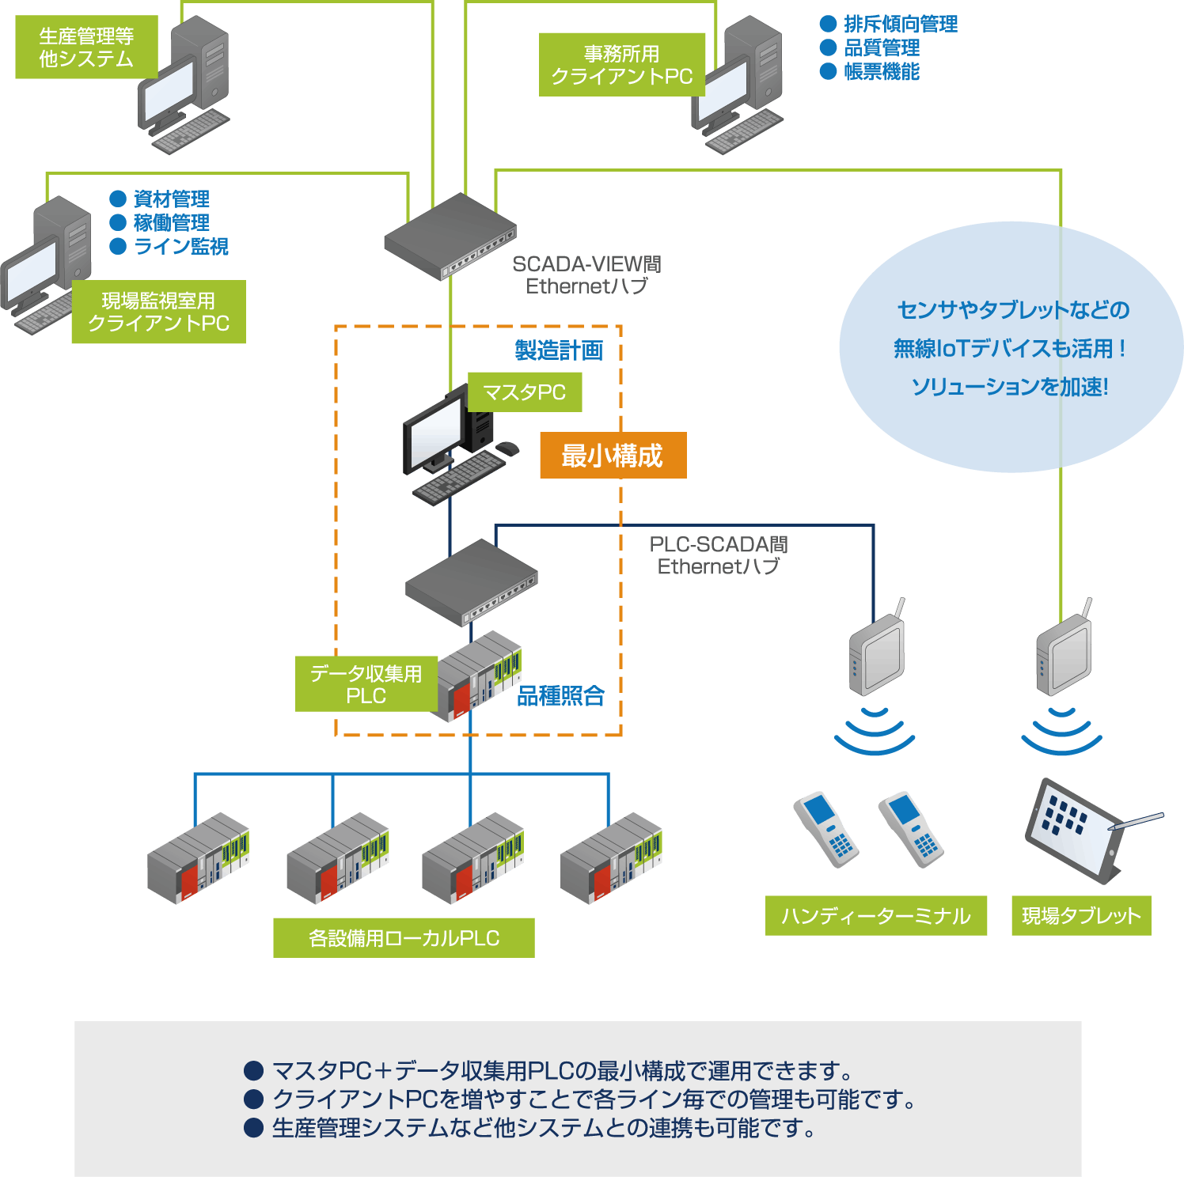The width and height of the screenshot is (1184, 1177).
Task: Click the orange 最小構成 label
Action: pyautogui.click(x=613, y=456)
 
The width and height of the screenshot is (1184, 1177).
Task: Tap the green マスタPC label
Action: pyautogui.click(x=525, y=392)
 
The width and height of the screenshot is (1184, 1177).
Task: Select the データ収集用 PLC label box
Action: pyautogui.click(x=366, y=684)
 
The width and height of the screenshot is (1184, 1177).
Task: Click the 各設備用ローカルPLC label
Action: pyautogui.click(x=404, y=938)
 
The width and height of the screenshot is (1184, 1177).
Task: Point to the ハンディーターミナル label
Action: pyautogui.click(x=875, y=916)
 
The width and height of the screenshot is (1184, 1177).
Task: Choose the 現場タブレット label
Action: pyautogui.click(x=1081, y=916)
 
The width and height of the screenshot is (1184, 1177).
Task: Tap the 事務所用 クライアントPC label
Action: pyautogui.click(x=621, y=65)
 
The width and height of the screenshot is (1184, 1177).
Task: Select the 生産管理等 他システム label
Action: pyautogui.click(x=86, y=47)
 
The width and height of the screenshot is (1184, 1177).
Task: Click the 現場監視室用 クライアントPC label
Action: pyautogui.click(x=158, y=312)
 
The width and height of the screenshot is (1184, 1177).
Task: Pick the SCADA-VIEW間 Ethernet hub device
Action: pyautogui.click(x=450, y=235)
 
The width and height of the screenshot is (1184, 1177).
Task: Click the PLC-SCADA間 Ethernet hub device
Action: pyautogui.click(x=471, y=581)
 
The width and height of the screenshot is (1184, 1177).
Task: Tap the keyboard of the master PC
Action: pyautogui.click(x=459, y=478)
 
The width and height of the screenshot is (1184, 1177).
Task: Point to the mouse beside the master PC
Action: pyautogui.click(x=507, y=449)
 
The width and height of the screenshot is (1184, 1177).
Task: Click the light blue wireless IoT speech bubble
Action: pyautogui.click(x=1011, y=348)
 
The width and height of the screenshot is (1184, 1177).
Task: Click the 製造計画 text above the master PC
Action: pyautogui.click(x=559, y=350)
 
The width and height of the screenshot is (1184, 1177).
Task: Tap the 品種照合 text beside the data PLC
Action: pyautogui.click(x=560, y=696)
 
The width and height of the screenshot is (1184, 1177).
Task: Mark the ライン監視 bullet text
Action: pyautogui.click(x=180, y=246)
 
